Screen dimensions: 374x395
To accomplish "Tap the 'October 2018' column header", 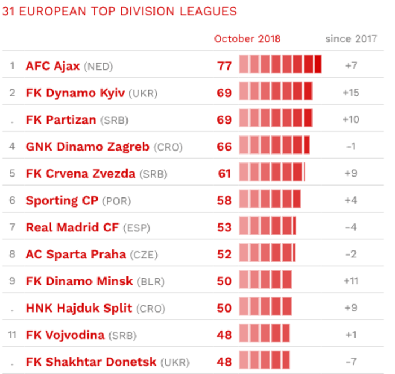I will (x=247, y=39).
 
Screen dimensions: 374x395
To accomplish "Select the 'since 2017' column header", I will (x=351, y=39).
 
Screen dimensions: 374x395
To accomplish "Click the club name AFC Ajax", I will (x=52, y=66).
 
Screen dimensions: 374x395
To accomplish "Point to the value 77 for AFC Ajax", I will (x=225, y=66).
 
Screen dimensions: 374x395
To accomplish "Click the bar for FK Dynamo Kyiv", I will (x=275, y=93).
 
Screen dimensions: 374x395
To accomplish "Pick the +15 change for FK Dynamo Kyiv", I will (x=351, y=93).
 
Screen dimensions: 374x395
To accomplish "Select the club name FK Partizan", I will (x=61, y=120).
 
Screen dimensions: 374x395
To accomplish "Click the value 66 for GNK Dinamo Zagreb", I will (x=225, y=147).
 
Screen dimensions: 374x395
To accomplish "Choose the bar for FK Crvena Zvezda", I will (x=272, y=173).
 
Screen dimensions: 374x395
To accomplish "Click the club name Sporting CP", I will (x=62, y=200).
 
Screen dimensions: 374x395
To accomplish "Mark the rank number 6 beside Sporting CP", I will (x=12, y=200).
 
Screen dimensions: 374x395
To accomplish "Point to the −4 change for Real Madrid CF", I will (x=351, y=227).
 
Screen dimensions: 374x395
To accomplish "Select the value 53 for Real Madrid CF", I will (x=225, y=227).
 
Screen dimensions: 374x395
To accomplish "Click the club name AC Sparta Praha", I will (x=76, y=254).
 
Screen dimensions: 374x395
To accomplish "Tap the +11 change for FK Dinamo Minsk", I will (x=351, y=281).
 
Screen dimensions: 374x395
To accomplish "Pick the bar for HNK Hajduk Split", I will (x=265, y=308).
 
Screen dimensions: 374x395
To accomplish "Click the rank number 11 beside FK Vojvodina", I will (x=12, y=335).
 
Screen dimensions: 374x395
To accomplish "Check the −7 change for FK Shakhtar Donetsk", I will (x=351, y=362).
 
